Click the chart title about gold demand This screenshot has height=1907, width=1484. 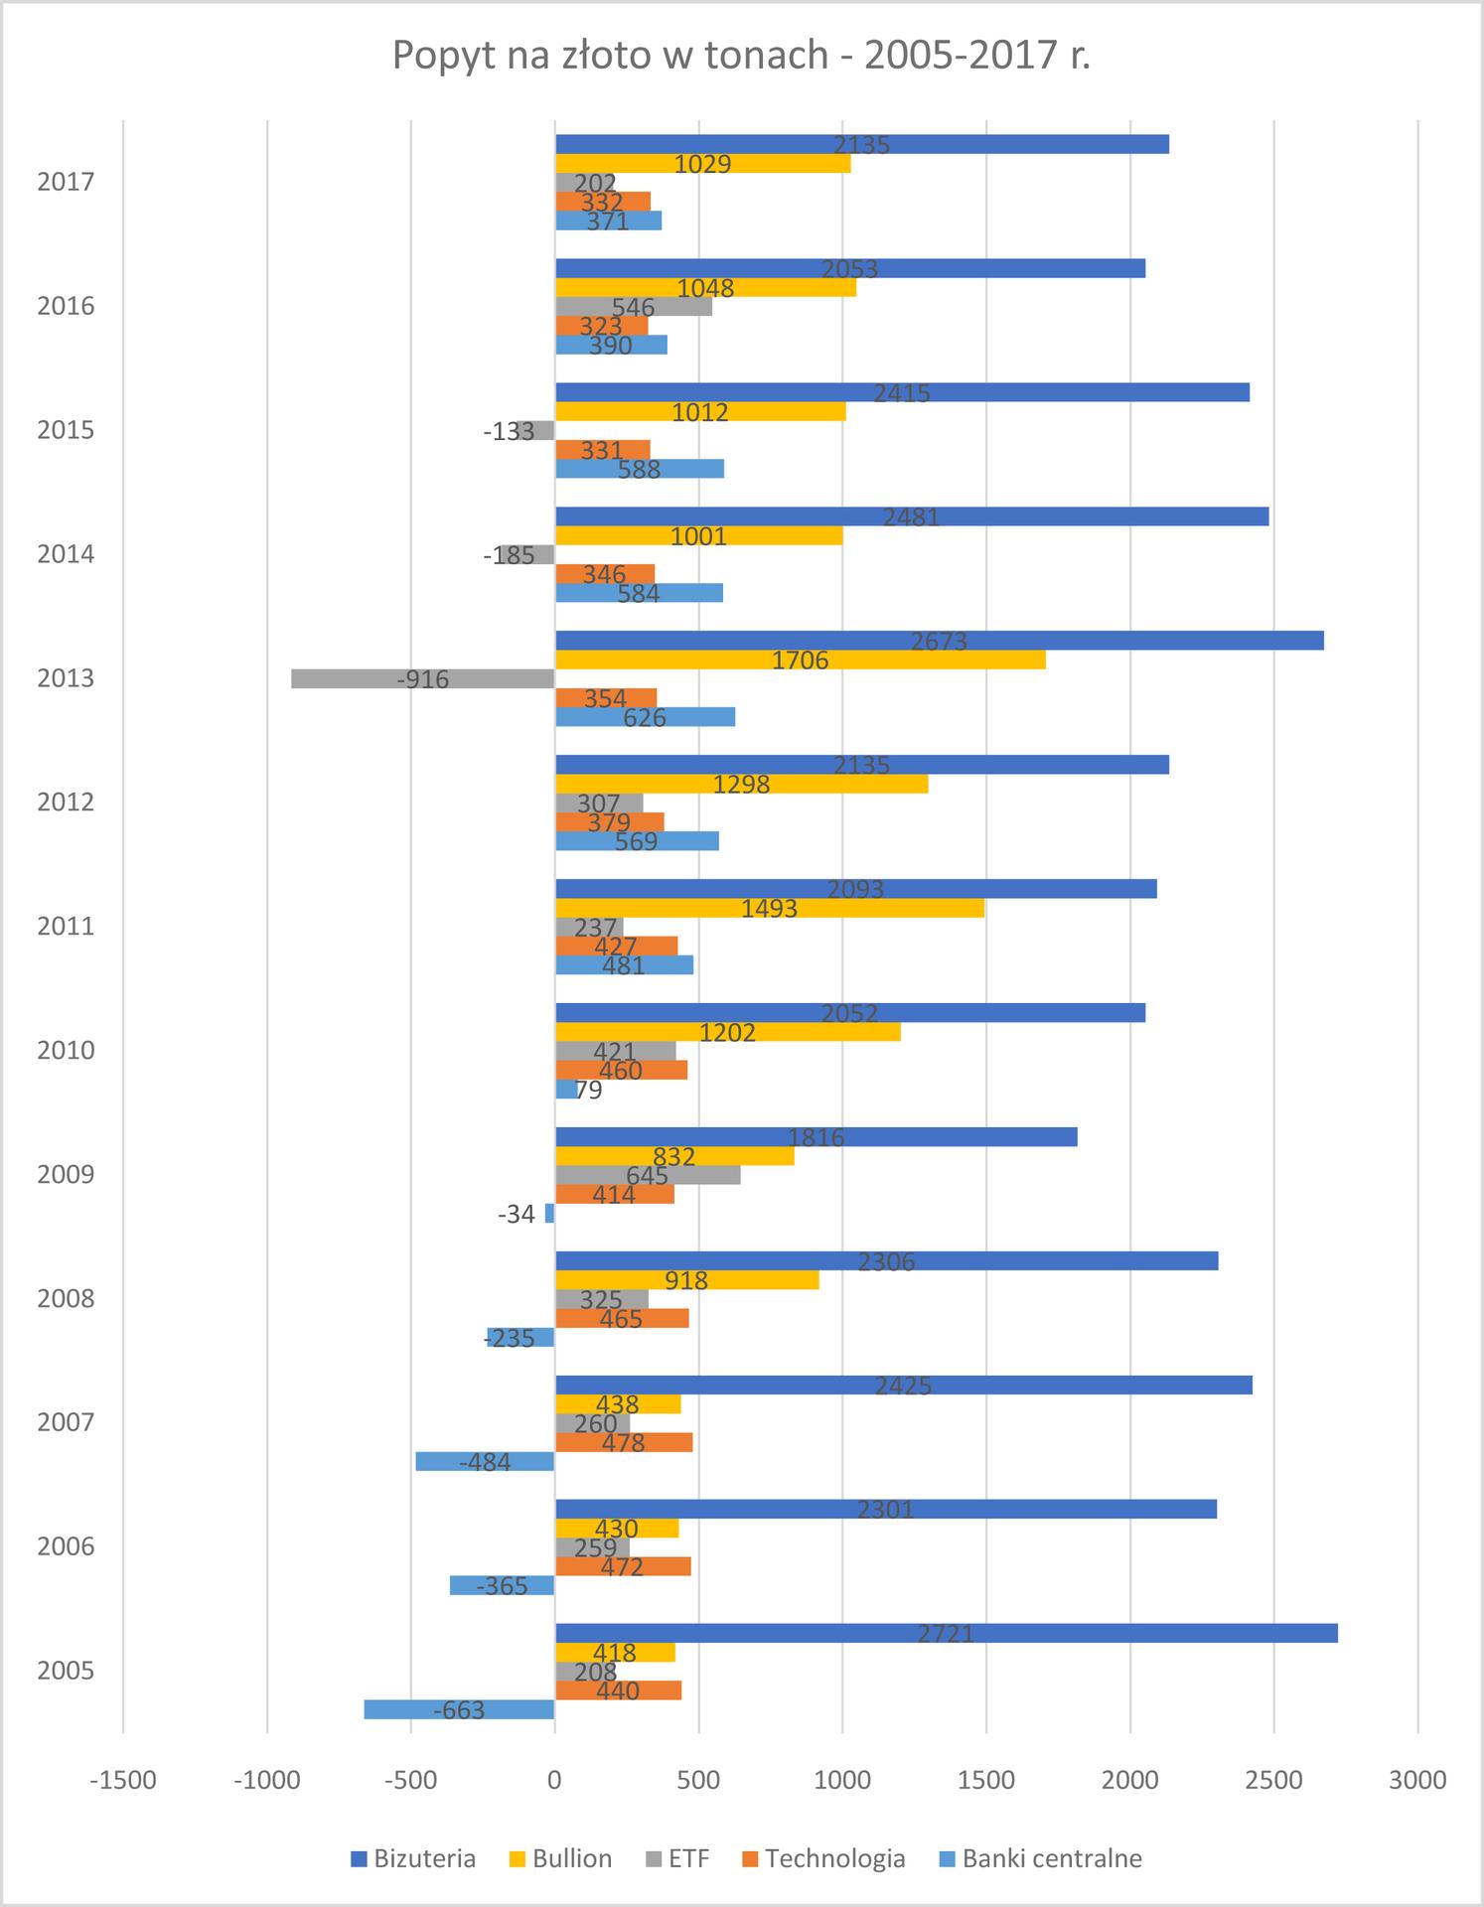point(741,56)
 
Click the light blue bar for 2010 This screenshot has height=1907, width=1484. point(565,1090)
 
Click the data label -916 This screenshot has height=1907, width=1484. point(423,680)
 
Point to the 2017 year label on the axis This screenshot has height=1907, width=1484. point(66,182)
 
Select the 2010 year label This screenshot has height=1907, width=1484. point(66,1051)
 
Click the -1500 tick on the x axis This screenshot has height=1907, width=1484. point(123,1781)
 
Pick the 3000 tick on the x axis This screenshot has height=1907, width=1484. point(1417,1781)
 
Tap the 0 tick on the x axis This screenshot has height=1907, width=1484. point(554,1781)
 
